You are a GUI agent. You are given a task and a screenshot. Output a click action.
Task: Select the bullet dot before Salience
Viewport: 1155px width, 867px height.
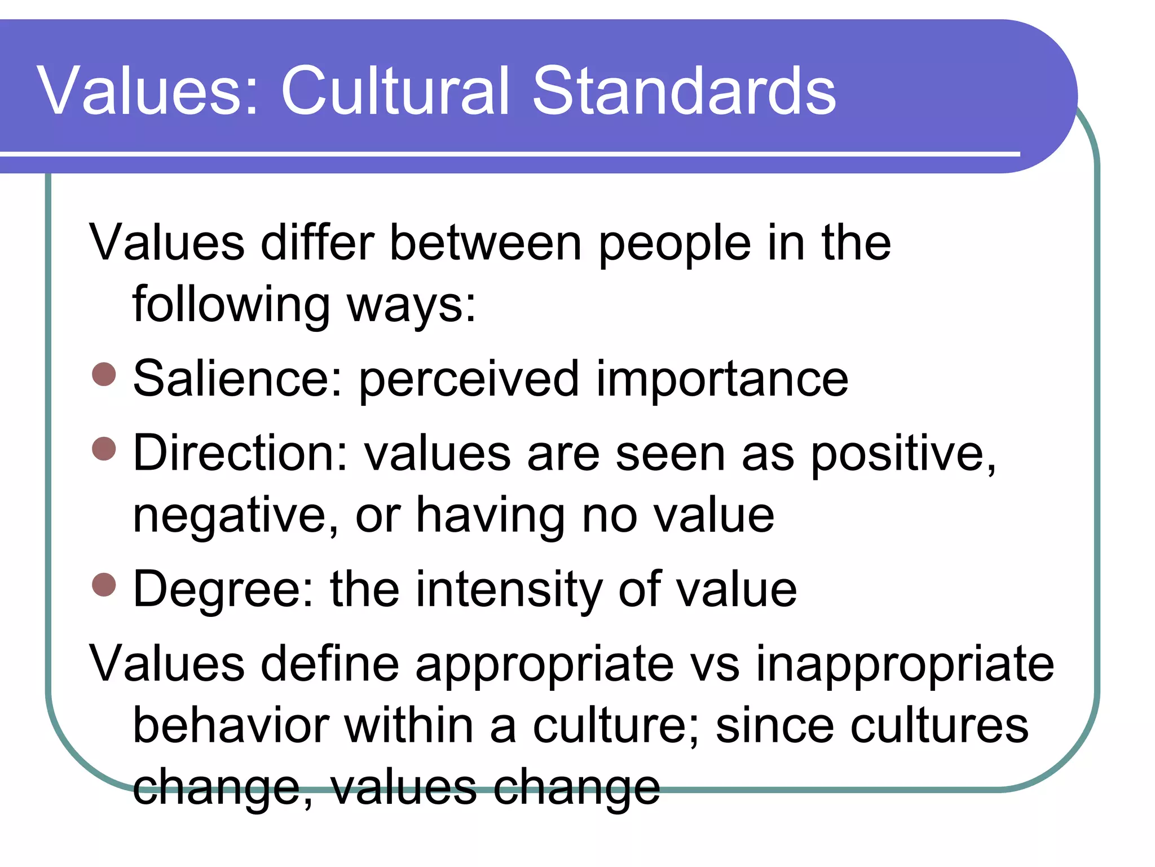click(x=104, y=374)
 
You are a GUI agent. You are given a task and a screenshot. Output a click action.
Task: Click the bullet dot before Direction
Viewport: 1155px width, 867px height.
click(x=104, y=448)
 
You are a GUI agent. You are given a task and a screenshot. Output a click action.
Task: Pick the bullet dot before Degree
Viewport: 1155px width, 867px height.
click(x=104, y=584)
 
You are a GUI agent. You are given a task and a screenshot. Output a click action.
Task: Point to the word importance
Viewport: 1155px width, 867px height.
click(x=722, y=379)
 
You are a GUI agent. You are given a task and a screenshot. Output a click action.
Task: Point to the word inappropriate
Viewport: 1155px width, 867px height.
click(x=905, y=665)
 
